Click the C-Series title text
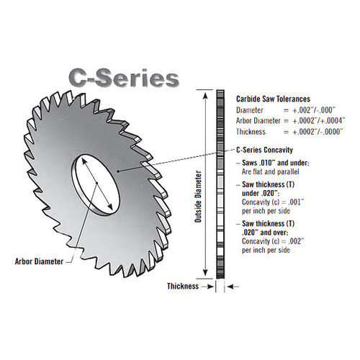121,77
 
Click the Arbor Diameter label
38,261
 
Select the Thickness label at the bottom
182,286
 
